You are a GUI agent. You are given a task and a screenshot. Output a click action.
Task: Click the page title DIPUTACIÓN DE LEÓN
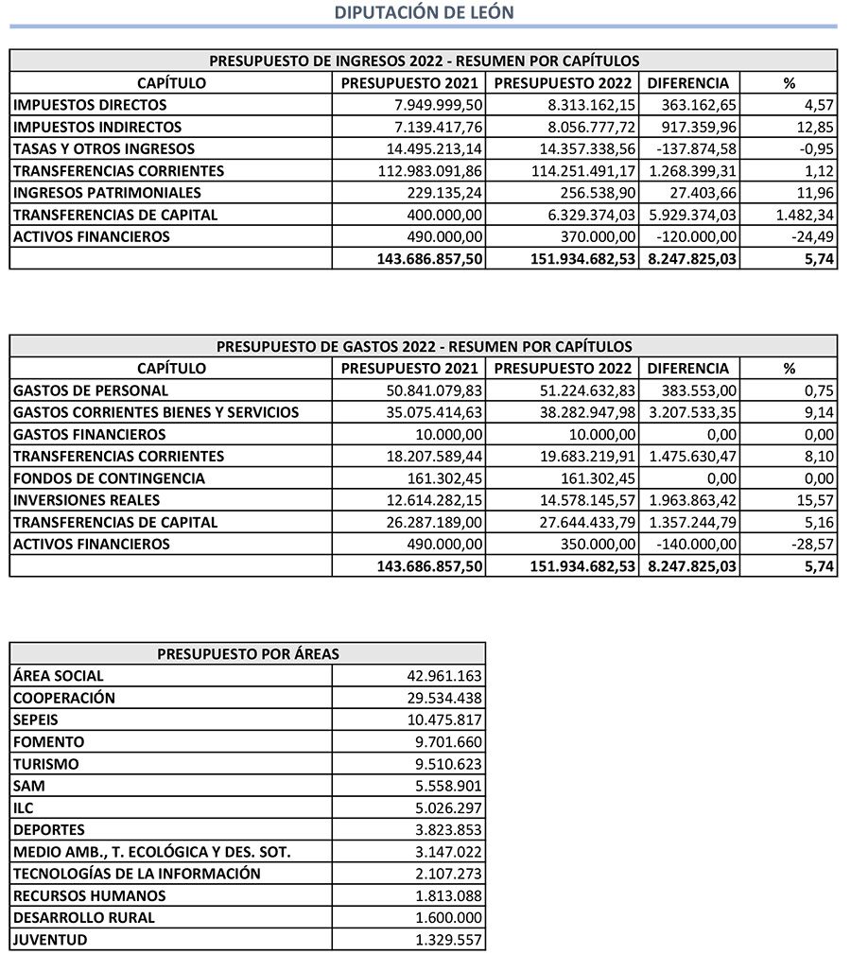[425, 12]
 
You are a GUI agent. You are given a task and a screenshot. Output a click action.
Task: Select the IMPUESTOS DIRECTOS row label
[90, 105]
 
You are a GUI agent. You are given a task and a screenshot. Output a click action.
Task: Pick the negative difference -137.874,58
[693, 148]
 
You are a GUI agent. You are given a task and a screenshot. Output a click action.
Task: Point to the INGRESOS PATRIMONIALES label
[107, 193]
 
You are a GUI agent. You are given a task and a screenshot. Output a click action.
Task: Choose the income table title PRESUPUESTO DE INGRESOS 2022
[424, 61]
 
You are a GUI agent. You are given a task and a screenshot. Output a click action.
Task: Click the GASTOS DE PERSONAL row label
[91, 390]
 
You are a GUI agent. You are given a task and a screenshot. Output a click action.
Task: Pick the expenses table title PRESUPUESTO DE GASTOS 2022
[424, 346]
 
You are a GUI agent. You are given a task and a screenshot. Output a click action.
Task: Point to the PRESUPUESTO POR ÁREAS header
[248, 653]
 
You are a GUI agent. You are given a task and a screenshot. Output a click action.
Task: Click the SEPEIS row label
[36, 720]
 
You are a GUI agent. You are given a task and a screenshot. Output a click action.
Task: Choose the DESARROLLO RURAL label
[84, 917]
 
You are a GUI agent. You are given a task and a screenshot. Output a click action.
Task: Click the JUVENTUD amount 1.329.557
[448, 940]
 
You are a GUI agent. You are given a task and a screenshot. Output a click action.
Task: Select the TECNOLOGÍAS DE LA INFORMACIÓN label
[136, 874]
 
